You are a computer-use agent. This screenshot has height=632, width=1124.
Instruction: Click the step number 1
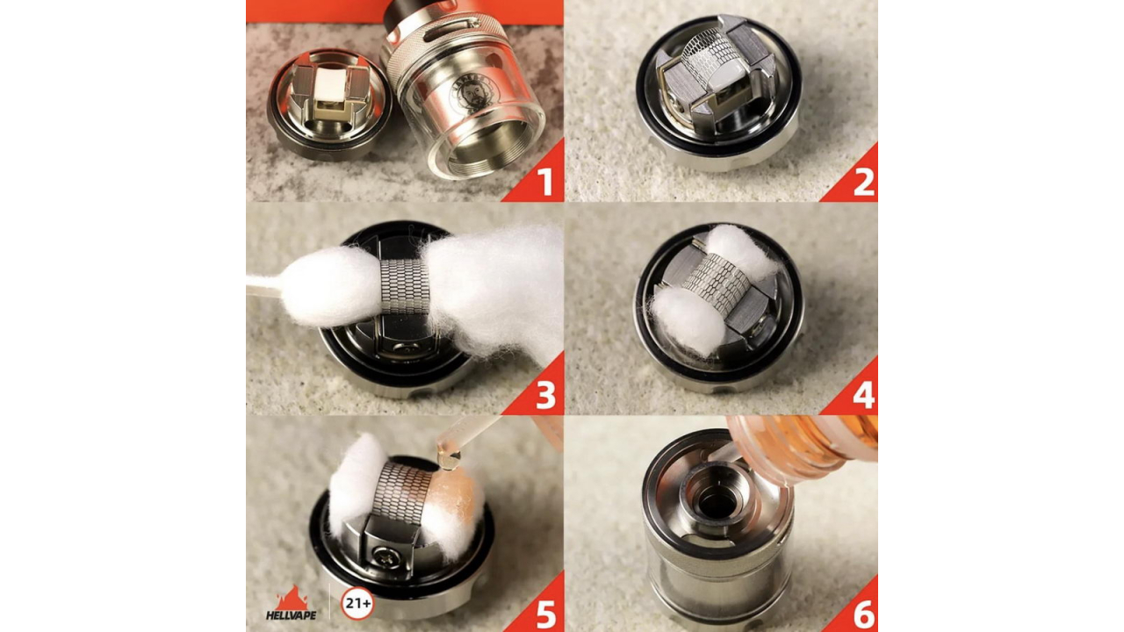[544, 182]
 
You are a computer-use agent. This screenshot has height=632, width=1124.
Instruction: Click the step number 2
[863, 182]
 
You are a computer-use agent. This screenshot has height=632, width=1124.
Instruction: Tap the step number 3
[545, 395]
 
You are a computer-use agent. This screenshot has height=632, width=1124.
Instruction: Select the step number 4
[863, 395]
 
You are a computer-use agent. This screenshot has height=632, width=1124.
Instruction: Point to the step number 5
[545, 614]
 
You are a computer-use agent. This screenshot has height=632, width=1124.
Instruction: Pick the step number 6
[863, 614]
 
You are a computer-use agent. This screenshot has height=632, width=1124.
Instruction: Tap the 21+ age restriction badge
[357, 603]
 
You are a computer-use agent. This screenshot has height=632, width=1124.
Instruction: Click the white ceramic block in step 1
[329, 88]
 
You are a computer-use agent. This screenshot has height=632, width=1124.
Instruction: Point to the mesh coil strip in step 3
[404, 285]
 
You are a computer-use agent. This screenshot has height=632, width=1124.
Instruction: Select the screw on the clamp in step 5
[385, 555]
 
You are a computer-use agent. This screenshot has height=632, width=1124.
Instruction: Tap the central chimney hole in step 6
[718, 502]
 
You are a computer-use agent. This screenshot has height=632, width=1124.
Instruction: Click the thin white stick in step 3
[263, 286]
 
